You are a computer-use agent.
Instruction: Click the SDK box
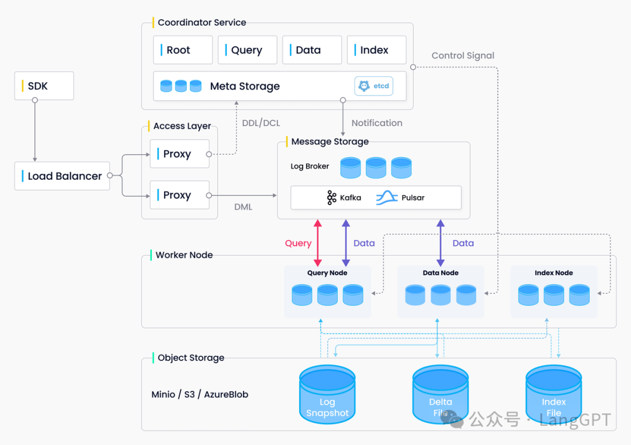pos(44,86)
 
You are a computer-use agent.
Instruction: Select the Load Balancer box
pos(62,176)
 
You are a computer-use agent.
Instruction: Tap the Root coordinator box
pos(182,50)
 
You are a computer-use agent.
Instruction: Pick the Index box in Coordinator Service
pos(376,50)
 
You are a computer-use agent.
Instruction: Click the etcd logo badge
pos(374,86)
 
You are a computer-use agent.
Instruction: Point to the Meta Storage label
pos(245,86)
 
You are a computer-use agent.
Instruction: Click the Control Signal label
pos(463,55)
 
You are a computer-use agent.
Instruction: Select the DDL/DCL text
pos(261,123)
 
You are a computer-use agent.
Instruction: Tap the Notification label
pos(377,123)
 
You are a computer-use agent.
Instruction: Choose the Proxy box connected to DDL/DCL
pos(179,154)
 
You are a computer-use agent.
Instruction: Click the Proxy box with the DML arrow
pos(179,195)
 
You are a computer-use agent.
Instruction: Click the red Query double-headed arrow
pos(318,243)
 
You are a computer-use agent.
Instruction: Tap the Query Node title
pos(327,273)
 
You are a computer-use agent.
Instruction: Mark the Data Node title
pos(441,273)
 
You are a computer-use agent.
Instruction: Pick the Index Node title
pos(554,273)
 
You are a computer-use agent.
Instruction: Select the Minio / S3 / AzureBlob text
pos(200,394)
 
